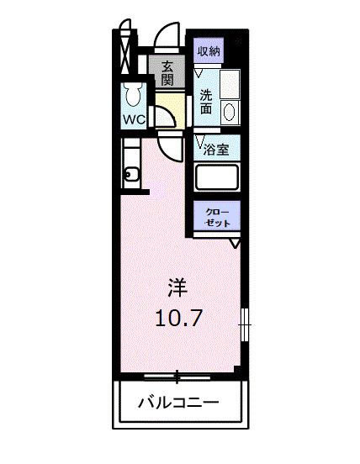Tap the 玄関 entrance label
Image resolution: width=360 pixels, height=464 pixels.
click(167, 73)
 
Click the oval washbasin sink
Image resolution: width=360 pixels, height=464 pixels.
click(230, 111)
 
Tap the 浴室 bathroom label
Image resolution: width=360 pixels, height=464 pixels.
click(216, 150)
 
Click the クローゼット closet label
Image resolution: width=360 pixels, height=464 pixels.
click(219, 216)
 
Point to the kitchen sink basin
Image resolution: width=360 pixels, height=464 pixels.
click(131, 175)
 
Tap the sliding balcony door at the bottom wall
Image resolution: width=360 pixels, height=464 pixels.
click(177, 373)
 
